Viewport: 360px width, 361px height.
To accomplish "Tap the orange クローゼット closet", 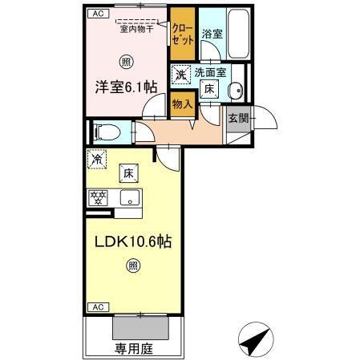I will point(182,34).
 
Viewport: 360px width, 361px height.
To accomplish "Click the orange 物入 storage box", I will point(183,103).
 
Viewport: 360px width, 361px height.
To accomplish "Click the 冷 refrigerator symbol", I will point(96,160).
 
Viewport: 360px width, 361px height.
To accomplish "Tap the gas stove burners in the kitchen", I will point(99,196).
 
